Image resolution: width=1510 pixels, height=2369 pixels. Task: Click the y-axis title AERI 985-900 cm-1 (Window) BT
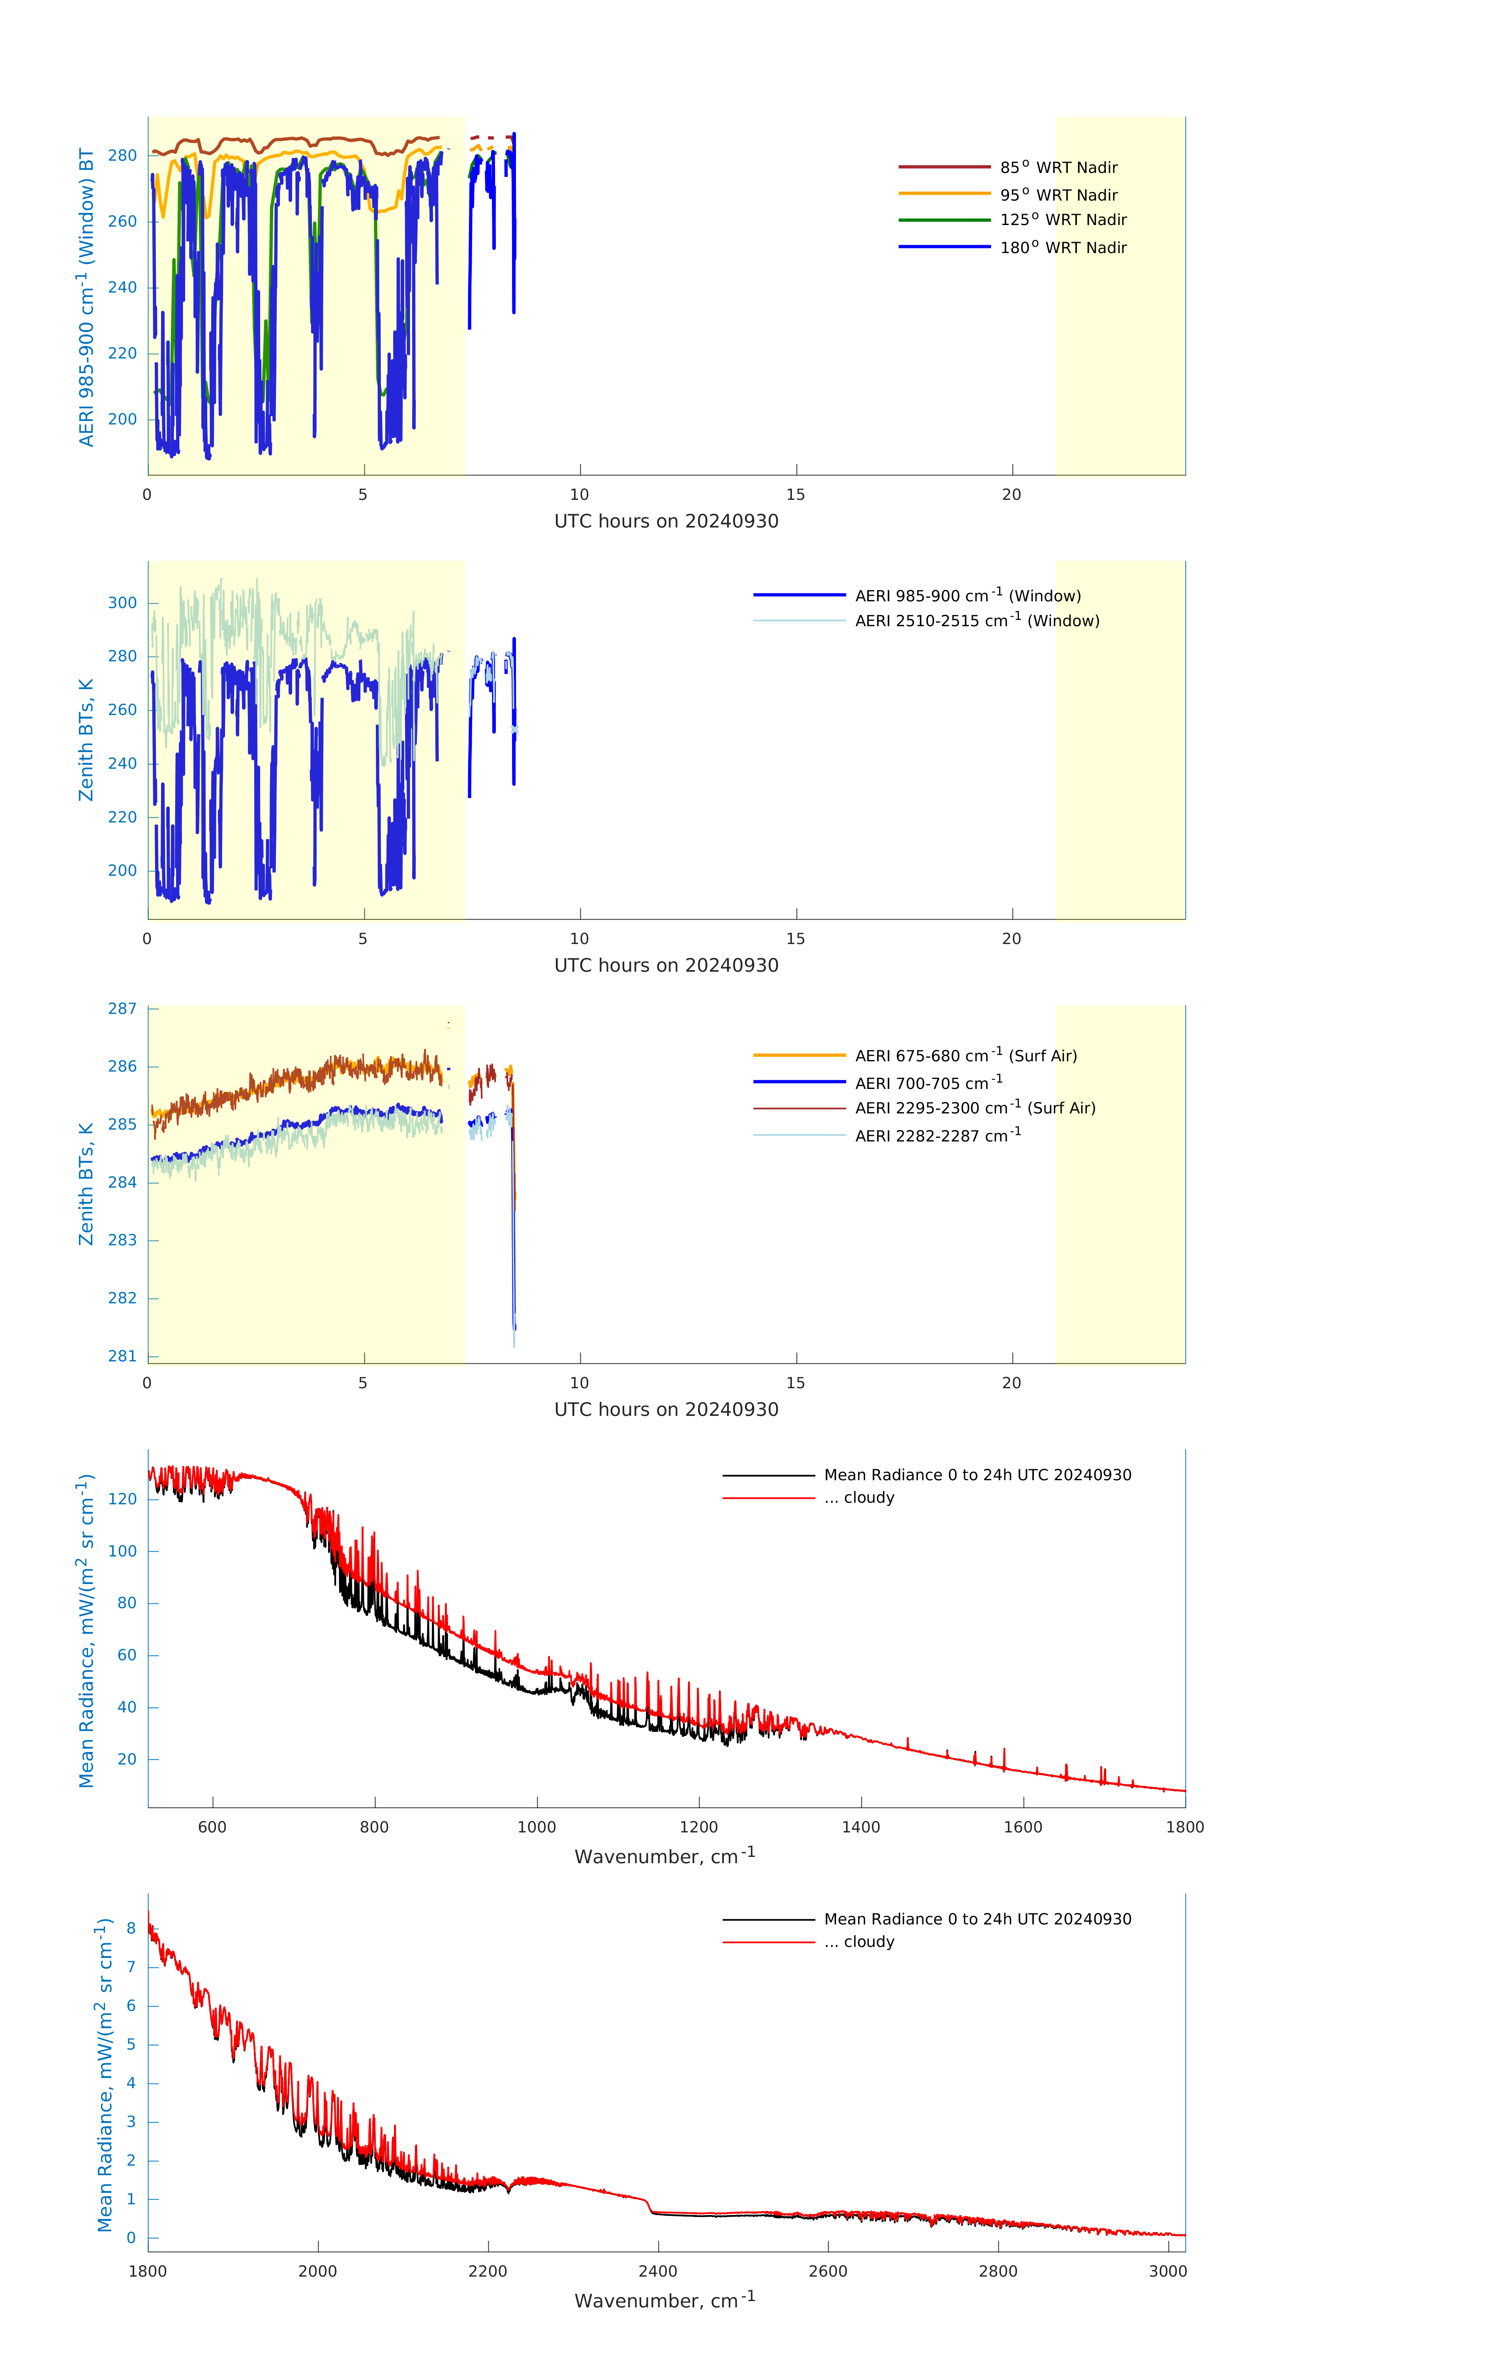click(x=86, y=297)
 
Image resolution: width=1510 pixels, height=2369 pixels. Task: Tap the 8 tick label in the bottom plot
click(x=131, y=1928)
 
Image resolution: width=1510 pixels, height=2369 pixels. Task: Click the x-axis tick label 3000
click(x=1168, y=2271)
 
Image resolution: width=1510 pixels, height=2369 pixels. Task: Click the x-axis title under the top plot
click(x=666, y=522)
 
